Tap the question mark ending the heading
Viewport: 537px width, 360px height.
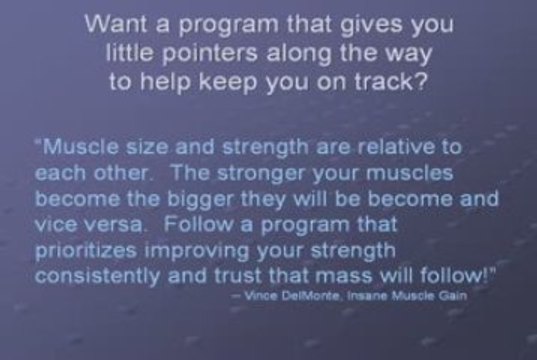tap(426, 83)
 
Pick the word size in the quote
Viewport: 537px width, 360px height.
tap(133, 148)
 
